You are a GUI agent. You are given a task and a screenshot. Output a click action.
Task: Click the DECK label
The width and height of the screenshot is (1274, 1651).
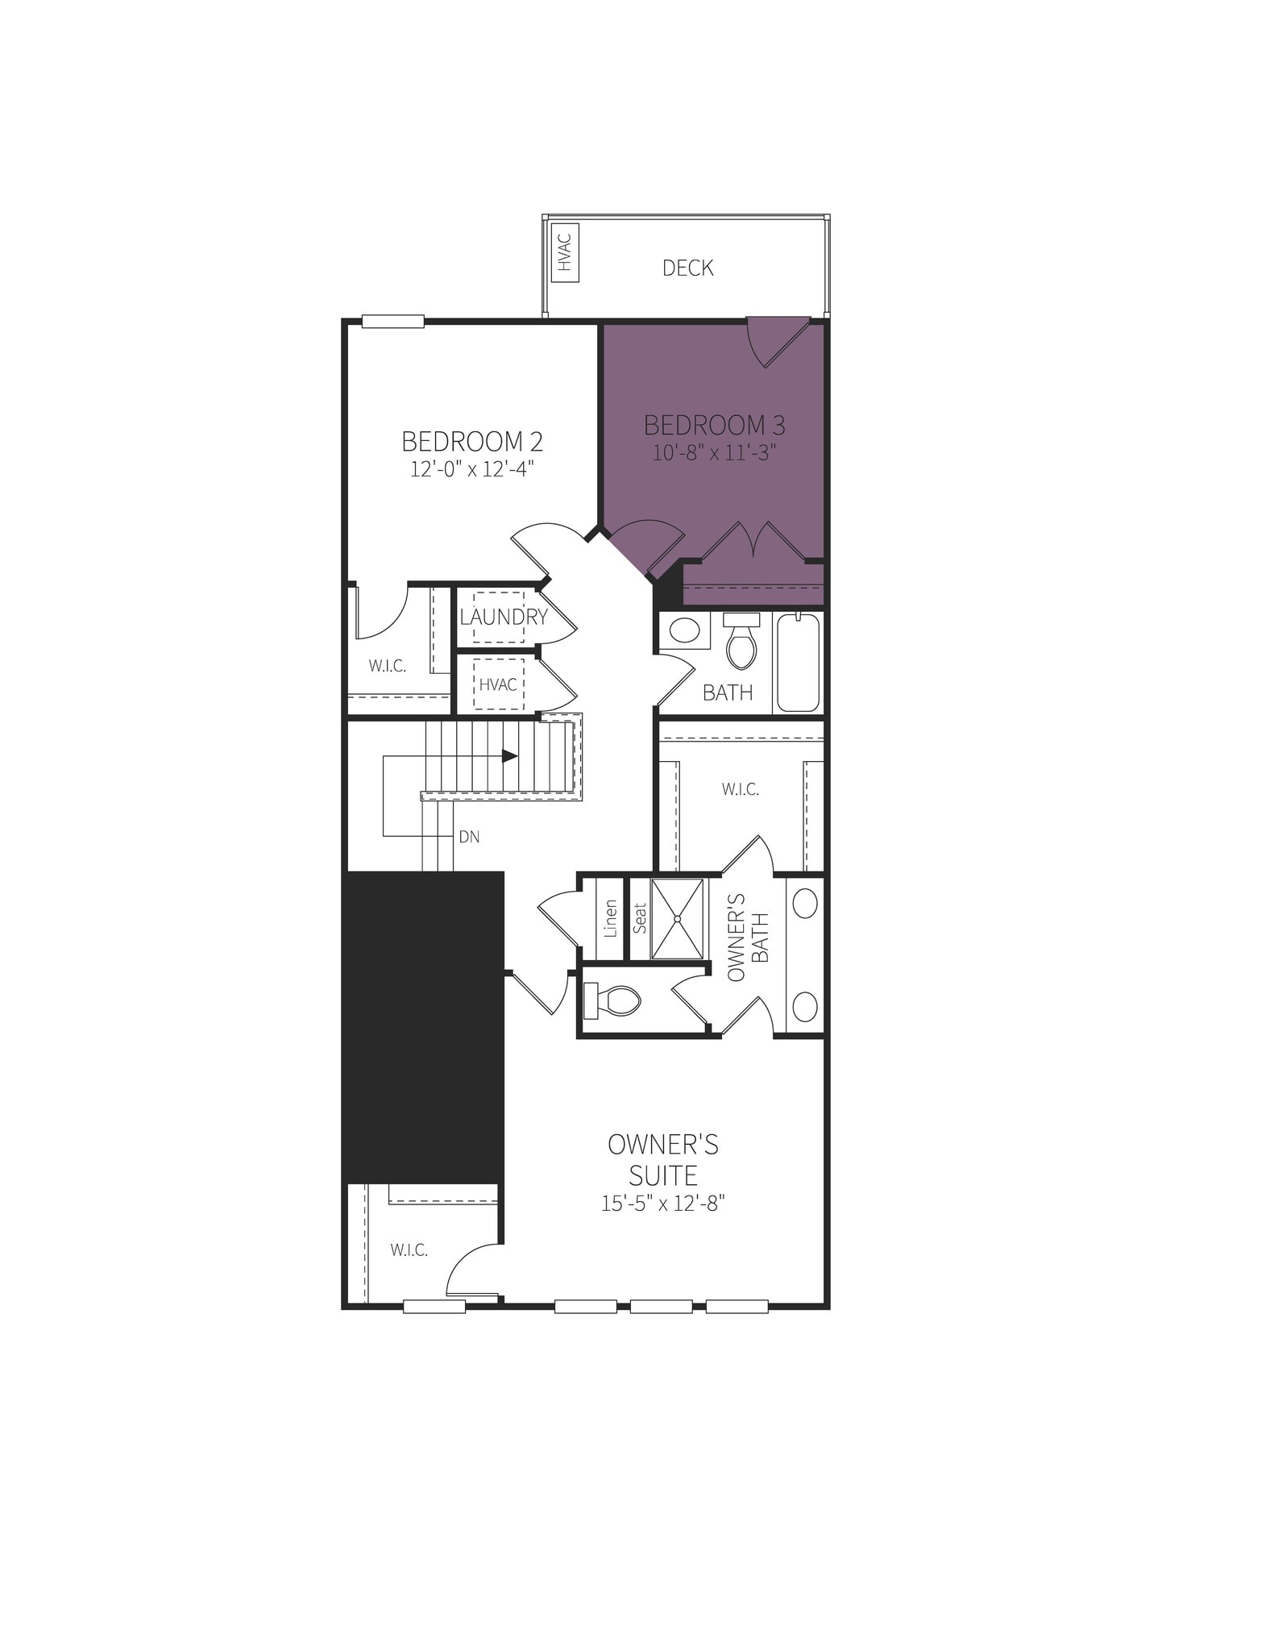[687, 268]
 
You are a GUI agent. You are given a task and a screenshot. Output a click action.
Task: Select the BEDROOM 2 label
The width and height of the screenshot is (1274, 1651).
[471, 442]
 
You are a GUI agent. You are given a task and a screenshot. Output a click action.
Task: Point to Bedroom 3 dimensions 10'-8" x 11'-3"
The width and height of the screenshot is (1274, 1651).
[714, 452]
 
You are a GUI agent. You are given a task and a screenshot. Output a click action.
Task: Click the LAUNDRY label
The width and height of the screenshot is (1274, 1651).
[504, 618]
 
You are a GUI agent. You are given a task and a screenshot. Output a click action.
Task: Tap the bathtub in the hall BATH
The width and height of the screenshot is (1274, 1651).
[798, 662]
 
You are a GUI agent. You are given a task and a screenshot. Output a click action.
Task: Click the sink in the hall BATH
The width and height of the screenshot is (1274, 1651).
[685, 630]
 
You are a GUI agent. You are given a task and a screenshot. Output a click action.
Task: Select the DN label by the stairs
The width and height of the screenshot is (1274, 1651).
[469, 838]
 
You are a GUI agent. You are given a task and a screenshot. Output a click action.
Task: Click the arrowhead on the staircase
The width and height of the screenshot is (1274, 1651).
[509, 756]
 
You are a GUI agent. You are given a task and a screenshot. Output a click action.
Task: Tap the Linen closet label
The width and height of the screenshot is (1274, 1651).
[611, 918]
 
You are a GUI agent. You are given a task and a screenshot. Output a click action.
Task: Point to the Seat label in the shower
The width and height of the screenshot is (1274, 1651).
[640, 918]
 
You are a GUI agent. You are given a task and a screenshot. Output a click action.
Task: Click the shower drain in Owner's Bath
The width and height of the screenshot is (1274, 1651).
[677, 918]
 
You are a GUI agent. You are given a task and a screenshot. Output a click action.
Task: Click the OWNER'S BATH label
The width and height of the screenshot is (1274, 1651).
[748, 937]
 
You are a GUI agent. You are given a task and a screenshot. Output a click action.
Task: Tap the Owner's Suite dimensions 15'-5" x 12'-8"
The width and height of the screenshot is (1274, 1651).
[663, 1204]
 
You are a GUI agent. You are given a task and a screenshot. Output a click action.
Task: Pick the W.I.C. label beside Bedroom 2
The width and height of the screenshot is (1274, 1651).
[387, 667]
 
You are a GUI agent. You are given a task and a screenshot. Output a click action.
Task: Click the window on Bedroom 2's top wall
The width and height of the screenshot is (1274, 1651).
[392, 322]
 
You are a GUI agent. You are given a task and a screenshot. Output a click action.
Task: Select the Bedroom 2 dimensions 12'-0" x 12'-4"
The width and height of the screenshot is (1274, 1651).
[471, 469]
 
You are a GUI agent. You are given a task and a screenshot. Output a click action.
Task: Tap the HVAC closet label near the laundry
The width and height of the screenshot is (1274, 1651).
[498, 684]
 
